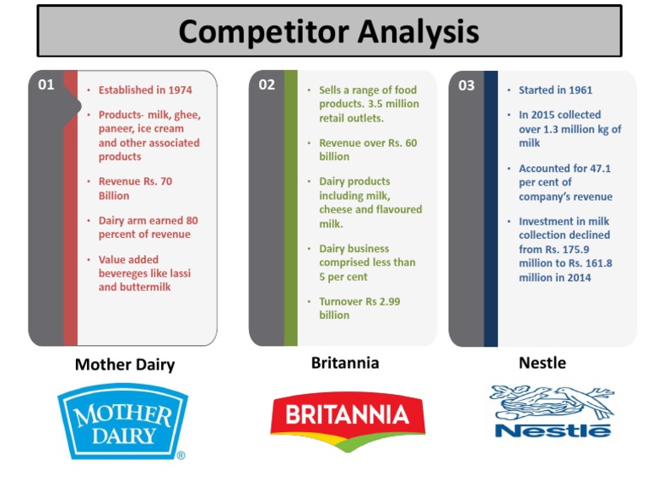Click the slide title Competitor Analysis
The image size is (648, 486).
[x=328, y=31]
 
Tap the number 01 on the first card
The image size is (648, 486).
[x=46, y=84]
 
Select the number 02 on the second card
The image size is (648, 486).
[x=266, y=84]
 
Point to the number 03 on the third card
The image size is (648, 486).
[x=466, y=84]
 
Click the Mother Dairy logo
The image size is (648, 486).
[x=123, y=420]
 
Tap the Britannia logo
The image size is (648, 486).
[x=347, y=416]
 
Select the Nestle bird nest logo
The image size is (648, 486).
[x=552, y=412]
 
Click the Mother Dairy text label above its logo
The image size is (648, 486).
[x=125, y=364]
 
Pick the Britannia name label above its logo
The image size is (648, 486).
[x=345, y=363]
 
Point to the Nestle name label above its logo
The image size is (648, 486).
[x=542, y=363]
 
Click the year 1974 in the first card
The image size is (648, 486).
[x=179, y=90]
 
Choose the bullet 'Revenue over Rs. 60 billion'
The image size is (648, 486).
[x=367, y=149]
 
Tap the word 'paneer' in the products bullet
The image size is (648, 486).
[x=118, y=129]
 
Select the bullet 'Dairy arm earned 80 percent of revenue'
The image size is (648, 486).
[x=148, y=227]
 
